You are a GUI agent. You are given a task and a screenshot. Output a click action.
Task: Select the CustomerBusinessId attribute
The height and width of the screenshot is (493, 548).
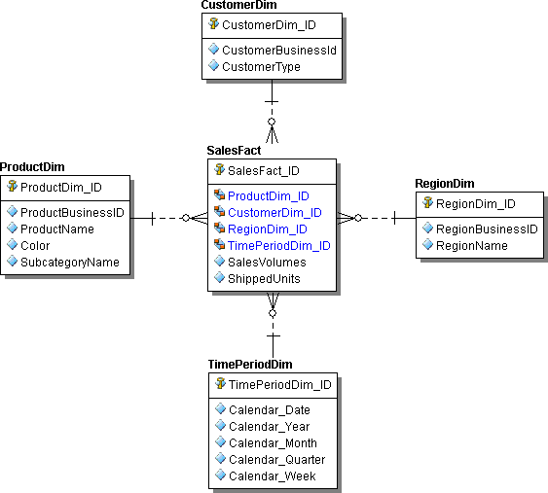(x=278, y=50)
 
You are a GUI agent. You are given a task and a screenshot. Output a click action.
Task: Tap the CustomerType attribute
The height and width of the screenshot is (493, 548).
(x=261, y=67)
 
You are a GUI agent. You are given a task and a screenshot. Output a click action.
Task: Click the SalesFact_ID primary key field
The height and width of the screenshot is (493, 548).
(x=263, y=170)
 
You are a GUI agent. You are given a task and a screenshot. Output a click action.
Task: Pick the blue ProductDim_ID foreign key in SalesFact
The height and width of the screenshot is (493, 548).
(x=268, y=196)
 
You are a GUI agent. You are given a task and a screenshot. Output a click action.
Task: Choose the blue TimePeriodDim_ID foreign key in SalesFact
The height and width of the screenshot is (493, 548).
(x=278, y=246)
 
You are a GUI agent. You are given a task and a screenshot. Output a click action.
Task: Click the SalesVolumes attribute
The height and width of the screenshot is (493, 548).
(x=267, y=263)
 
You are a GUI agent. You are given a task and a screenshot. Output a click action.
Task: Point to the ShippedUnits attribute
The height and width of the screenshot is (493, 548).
(x=264, y=279)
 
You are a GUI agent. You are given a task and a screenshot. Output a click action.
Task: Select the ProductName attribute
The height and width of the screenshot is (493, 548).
(x=57, y=229)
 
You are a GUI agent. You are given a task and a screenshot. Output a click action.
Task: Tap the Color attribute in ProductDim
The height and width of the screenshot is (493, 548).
(x=37, y=245)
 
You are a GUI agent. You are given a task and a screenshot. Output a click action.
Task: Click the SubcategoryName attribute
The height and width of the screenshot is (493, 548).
(x=69, y=262)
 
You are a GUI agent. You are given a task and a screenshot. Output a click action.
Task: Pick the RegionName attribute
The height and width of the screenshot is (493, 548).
(x=471, y=246)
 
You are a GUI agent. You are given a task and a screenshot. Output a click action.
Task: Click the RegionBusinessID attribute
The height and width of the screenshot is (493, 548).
(x=486, y=229)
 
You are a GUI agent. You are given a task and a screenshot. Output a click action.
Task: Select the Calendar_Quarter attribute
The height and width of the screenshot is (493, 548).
(x=276, y=460)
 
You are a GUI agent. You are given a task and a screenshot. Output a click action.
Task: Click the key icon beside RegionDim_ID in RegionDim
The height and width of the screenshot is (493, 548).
(x=426, y=203)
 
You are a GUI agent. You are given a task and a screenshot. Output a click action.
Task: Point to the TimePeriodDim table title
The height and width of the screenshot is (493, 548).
(x=250, y=365)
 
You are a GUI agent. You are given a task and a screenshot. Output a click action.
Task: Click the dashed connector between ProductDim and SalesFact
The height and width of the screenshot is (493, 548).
(x=169, y=219)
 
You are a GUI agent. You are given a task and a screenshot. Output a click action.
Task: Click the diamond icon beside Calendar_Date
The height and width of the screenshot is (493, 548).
(x=219, y=409)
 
